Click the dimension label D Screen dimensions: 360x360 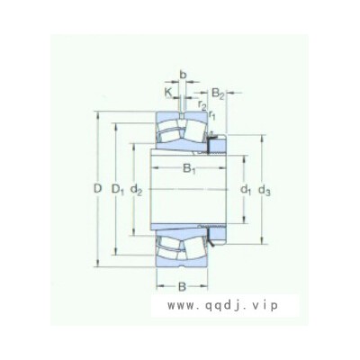[x=98, y=189]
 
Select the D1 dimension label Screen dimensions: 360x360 [x=118, y=190]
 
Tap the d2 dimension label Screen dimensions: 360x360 [x=137, y=190]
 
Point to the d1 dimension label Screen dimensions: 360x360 [x=246, y=190]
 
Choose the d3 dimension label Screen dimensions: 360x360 [x=265, y=190]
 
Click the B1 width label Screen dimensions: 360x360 [x=189, y=169]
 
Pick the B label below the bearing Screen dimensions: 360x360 [x=182, y=287]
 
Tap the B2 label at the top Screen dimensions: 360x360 [x=218, y=94]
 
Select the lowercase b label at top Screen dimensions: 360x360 [x=183, y=75]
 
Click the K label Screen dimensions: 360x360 [x=168, y=93]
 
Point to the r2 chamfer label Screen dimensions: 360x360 [x=202, y=105]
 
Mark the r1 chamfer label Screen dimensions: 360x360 [x=211, y=115]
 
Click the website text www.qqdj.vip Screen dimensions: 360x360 [x=222, y=306]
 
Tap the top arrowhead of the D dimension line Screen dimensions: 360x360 [x=97, y=113]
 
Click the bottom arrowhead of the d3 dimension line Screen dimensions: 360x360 [x=262, y=242]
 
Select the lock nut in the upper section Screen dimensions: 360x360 [x=216, y=145]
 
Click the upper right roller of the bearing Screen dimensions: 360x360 [x=195, y=130]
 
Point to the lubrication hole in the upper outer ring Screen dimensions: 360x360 [x=182, y=116]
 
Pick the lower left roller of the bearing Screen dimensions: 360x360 [x=168, y=248]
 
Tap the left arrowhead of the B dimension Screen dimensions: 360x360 [x=159, y=286]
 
